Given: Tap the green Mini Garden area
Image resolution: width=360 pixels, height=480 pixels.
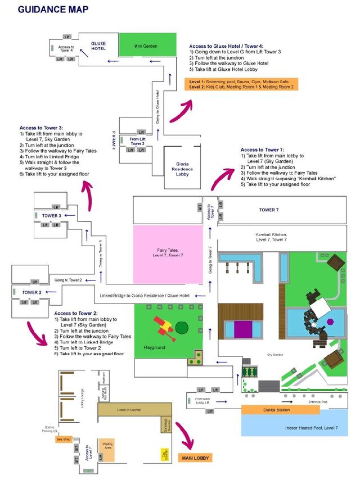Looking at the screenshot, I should click(x=146, y=46).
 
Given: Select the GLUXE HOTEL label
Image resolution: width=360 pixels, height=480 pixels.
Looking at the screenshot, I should click(x=98, y=46).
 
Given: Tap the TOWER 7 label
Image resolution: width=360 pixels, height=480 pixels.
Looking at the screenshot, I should click(x=269, y=210).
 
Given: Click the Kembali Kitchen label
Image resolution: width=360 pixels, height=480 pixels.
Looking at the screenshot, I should click(x=271, y=237).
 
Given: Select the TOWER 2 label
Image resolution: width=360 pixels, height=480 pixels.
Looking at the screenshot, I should click(x=31, y=293).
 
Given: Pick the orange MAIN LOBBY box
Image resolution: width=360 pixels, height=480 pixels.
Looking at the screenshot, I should click(x=195, y=458).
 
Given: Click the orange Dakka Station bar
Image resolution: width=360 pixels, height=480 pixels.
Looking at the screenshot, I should click(x=277, y=410).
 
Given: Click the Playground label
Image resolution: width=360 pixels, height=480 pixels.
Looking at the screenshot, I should click(x=154, y=348).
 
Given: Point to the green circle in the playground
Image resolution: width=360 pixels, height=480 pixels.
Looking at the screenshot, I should click(x=182, y=327).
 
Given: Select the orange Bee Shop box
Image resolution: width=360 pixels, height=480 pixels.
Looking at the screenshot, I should click(x=63, y=440).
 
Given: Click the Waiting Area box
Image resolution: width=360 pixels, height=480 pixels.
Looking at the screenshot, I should click(x=107, y=445).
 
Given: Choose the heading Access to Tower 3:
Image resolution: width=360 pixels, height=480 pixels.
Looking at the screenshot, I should click(x=41, y=128).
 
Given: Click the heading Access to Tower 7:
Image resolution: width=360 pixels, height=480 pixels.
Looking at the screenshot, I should click(x=262, y=150).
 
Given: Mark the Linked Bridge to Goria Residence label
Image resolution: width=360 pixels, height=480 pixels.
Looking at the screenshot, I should click(x=145, y=295).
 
